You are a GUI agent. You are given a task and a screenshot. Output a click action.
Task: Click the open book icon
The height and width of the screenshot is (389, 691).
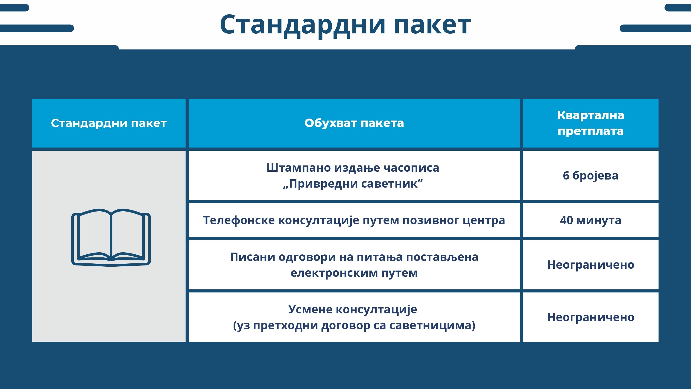click(x=111, y=238)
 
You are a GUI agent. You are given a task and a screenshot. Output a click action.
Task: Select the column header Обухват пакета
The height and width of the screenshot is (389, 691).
click(x=354, y=123)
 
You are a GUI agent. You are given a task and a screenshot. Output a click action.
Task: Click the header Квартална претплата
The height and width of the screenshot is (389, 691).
click(x=591, y=123)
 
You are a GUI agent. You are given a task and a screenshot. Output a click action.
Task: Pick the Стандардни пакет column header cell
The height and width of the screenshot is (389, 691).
click(x=109, y=123)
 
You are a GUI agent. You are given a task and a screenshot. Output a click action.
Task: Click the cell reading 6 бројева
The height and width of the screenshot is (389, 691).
click(x=591, y=175)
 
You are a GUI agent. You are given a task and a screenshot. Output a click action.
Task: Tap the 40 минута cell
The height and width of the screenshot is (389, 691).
click(x=591, y=220)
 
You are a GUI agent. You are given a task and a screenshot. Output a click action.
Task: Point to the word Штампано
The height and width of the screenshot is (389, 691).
click(x=299, y=168)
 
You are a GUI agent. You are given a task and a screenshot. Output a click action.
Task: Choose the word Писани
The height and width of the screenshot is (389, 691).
click(x=252, y=257)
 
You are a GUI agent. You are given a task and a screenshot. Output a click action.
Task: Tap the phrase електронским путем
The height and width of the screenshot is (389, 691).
click(x=354, y=273)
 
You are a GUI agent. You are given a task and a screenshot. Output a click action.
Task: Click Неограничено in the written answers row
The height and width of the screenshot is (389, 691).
click(x=591, y=265)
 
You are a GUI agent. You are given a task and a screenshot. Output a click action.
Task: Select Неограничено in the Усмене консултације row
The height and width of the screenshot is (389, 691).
click(x=591, y=317)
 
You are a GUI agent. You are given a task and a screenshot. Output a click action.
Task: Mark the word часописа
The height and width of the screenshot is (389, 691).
click(x=411, y=168)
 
